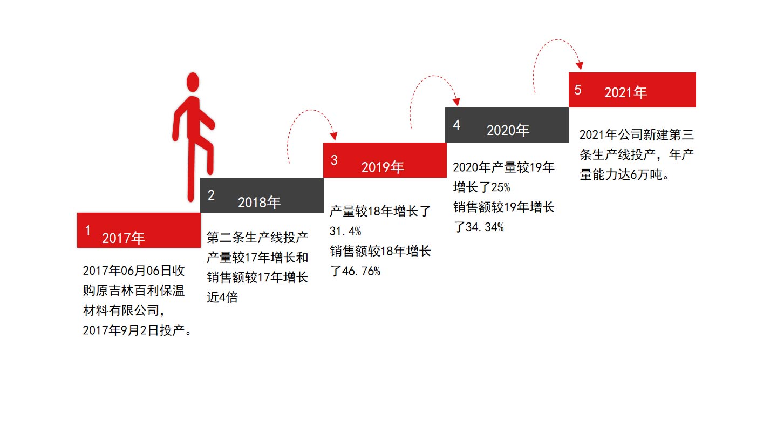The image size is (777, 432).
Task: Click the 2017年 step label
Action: click(124, 238)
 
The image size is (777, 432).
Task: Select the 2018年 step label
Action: click(260, 202)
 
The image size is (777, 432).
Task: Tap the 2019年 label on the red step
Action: click(383, 167)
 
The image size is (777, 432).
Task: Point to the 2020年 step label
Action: click(508, 130)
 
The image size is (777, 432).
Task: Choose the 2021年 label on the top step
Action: click(625, 92)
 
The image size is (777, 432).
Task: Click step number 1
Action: click(88, 231)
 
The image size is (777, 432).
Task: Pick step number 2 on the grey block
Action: click(211, 195)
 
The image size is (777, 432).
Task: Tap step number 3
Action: click(334, 160)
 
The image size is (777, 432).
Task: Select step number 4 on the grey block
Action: click(456, 125)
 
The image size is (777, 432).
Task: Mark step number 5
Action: click(578, 90)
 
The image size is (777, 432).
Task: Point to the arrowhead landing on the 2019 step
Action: click(334, 136)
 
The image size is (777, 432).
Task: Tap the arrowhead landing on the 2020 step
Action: click(456, 101)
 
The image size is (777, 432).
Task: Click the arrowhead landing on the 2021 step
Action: click(580, 65)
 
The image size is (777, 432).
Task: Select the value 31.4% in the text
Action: click(345, 232)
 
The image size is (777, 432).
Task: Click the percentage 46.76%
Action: click(362, 271)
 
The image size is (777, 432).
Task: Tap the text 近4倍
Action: click(222, 297)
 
